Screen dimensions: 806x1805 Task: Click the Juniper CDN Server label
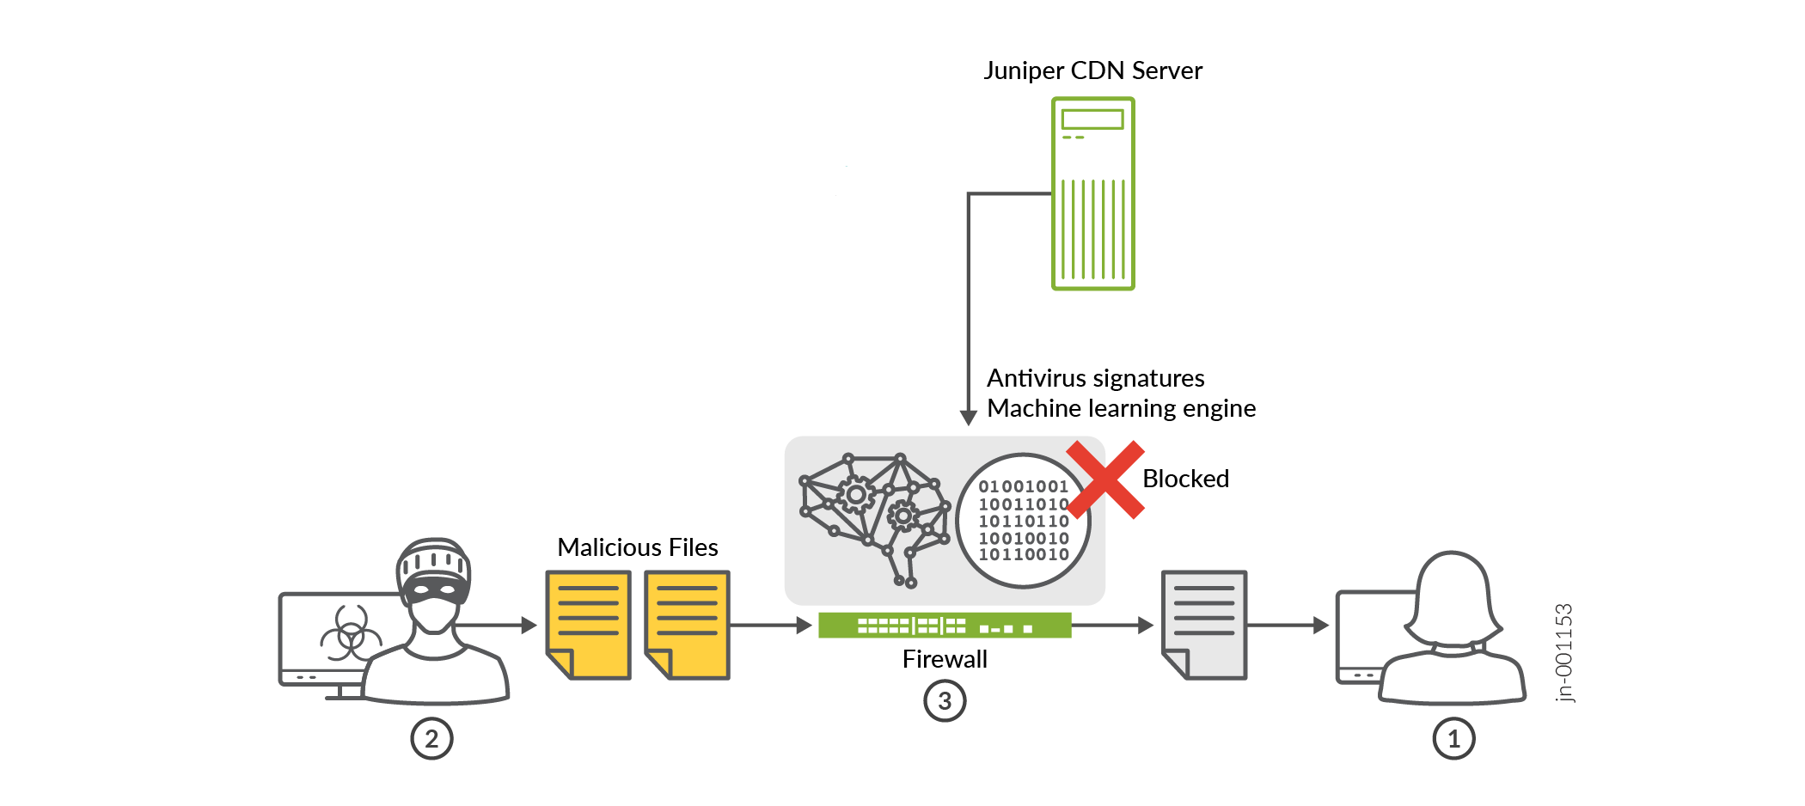pyautogui.click(x=1092, y=70)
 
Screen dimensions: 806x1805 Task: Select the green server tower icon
pyautogui.click(x=1092, y=193)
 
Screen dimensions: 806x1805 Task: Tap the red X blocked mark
pyautogui.click(x=1105, y=479)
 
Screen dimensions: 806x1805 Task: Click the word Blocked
pyautogui.click(x=1185, y=479)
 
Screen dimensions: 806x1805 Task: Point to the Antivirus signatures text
pyautogui.click(x=1095, y=378)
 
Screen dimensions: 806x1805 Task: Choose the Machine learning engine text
pyautogui.click(x=1121, y=408)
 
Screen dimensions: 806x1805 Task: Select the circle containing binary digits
pyautogui.click(x=1023, y=521)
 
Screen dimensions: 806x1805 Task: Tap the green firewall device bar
pyautogui.click(x=945, y=626)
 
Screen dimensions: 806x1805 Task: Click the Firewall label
pyautogui.click(x=945, y=659)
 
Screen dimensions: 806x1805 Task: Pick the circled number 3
pyautogui.click(x=945, y=701)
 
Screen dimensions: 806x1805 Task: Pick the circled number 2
pyautogui.click(x=431, y=738)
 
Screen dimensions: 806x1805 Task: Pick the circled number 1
pyautogui.click(x=1453, y=738)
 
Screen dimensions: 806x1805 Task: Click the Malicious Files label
pyautogui.click(x=637, y=547)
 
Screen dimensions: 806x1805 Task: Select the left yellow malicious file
pyautogui.click(x=589, y=625)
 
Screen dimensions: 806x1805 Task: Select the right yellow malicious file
pyautogui.click(x=687, y=625)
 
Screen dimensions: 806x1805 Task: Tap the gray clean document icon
pyautogui.click(x=1203, y=625)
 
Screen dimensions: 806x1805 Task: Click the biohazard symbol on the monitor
pyautogui.click(x=350, y=637)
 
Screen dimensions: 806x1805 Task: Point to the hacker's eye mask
pyautogui.click(x=435, y=589)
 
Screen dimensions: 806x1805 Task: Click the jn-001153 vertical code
pyautogui.click(x=1564, y=652)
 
